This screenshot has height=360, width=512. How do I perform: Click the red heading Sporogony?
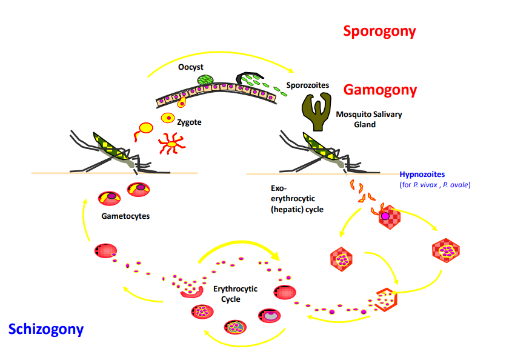(x=379, y=31)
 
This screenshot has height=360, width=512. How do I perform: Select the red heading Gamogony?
(x=380, y=90)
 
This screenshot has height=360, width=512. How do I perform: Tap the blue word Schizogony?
(x=46, y=329)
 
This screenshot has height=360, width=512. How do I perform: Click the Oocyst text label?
(x=190, y=67)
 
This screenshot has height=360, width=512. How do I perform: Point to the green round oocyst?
(x=206, y=80)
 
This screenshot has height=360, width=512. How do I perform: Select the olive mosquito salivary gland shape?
(x=316, y=110)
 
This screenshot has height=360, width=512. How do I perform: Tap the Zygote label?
(x=189, y=122)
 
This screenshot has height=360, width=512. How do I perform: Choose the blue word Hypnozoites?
(x=422, y=175)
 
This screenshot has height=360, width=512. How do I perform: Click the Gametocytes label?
(x=126, y=216)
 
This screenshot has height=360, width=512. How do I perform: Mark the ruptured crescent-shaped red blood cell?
(x=193, y=292)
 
